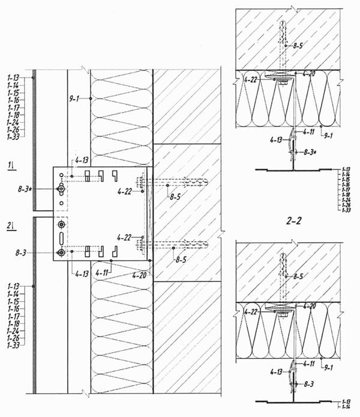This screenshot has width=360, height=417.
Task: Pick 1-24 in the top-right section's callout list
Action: click(345, 200)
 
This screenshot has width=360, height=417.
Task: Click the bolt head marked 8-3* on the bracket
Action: click(61, 189)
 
